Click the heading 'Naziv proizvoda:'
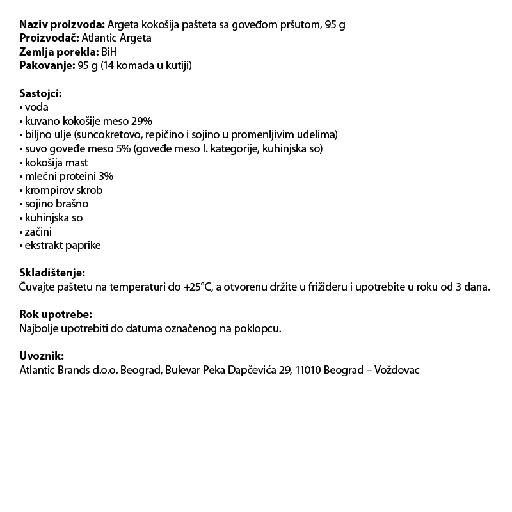point(62,25)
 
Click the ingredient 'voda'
point(36,108)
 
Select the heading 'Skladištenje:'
point(52,273)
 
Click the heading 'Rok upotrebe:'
point(55,314)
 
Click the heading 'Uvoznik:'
point(42,356)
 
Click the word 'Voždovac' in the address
point(397,370)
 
